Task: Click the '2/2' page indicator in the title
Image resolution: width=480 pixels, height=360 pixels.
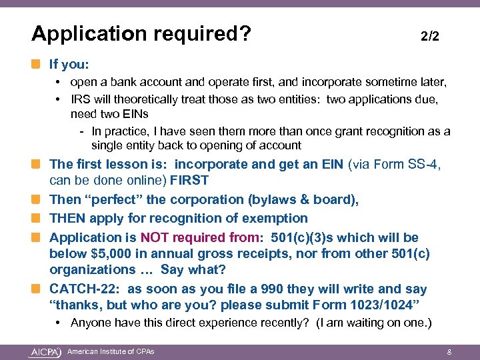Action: (x=430, y=37)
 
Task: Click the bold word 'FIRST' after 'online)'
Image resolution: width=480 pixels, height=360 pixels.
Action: (x=189, y=180)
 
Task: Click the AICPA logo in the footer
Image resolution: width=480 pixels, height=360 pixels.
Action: (x=45, y=351)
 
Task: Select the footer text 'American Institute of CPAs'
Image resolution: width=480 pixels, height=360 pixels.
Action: (x=111, y=351)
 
